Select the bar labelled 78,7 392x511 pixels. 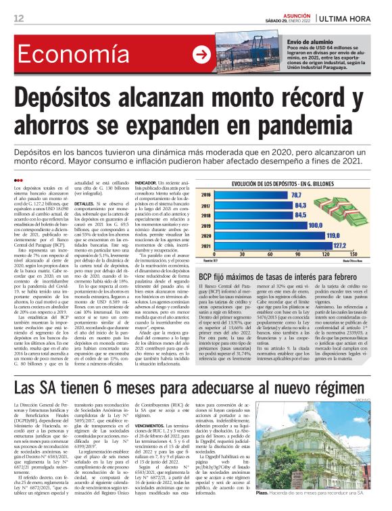pyautogui.click(x=260, y=195)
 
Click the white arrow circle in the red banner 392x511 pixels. pyautogui.click(x=201, y=55)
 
